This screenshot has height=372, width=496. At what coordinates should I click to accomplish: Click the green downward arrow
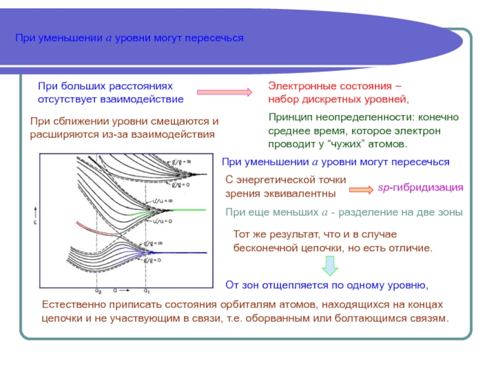coord(329,266)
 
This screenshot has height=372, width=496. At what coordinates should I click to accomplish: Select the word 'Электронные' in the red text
coord(294,86)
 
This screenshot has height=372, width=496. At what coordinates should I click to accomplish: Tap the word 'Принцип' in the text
coord(287,117)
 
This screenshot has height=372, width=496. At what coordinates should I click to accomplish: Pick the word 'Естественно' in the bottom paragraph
coord(69,304)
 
